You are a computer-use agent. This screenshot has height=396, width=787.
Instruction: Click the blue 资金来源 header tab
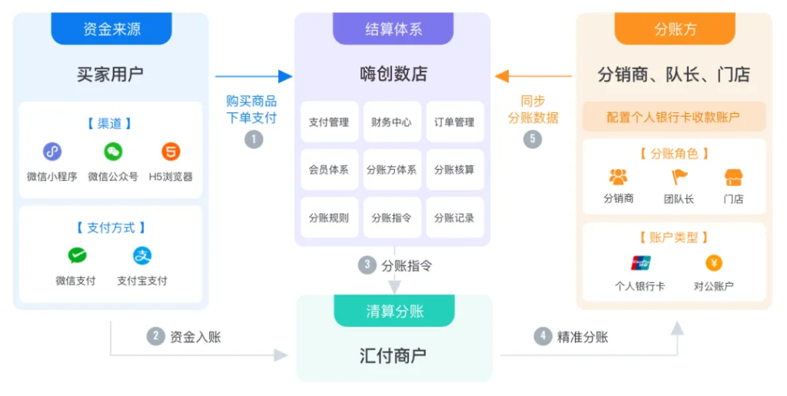[x=111, y=28]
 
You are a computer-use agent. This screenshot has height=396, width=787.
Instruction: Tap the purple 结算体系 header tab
[x=393, y=28]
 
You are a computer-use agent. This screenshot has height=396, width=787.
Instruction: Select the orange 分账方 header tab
[x=675, y=28]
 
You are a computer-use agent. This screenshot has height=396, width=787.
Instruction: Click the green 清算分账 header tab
[x=394, y=311]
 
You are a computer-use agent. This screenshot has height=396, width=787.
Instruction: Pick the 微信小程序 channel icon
[x=52, y=151]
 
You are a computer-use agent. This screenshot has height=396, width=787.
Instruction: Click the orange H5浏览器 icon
[x=171, y=151]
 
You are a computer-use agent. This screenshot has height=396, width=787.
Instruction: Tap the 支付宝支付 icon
[x=142, y=255]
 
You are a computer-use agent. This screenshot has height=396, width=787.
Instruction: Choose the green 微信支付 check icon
[x=78, y=255]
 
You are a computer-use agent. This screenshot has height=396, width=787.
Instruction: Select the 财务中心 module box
[x=392, y=122]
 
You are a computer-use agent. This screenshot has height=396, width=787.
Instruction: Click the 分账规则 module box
[x=329, y=218]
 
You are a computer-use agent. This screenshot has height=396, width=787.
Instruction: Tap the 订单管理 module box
[x=455, y=122]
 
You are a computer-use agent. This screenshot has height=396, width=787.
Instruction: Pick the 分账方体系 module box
[x=392, y=170]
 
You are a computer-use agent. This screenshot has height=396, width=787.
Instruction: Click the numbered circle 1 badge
[x=254, y=139]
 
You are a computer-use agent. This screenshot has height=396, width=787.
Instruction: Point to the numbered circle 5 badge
[x=533, y=139]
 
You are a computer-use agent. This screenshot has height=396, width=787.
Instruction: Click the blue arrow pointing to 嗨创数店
[x=254, y=76]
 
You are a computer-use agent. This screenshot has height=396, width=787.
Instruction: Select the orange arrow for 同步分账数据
[x=533, y=76]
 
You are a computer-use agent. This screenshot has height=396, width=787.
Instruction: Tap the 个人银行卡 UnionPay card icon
[x=641, y=263]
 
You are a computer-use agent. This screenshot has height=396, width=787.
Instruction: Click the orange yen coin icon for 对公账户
[x=714, y=263]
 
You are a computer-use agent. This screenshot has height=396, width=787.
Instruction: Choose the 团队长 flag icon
[x=679, y=177]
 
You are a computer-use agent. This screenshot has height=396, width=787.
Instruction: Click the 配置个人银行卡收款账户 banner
[x=674, y=117]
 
